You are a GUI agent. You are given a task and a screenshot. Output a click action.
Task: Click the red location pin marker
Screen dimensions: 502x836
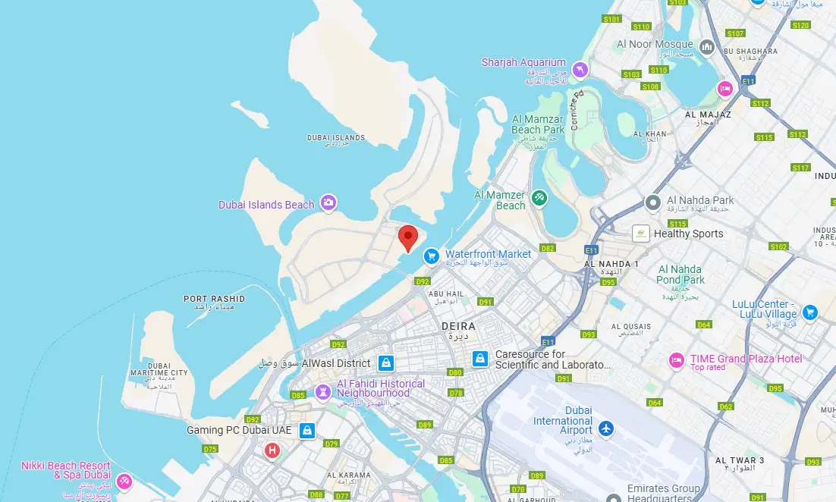(x=408, y=237)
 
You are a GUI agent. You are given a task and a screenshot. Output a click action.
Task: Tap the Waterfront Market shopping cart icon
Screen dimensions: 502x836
(x=431, y=256)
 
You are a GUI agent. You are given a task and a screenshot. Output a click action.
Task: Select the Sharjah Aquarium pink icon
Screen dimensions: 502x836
(x=580, y=70)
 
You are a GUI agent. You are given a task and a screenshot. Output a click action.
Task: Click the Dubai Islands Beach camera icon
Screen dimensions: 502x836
(x=328, y=202)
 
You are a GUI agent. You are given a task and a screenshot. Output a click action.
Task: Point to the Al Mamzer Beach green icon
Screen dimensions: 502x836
(x=539, y=198)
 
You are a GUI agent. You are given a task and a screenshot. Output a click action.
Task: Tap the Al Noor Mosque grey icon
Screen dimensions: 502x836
(x=707, y=48)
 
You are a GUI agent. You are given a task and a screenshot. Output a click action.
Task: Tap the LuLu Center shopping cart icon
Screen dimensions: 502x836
(x=809, y=312)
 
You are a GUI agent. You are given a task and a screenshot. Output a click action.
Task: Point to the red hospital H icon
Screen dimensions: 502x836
(x=272, y=451)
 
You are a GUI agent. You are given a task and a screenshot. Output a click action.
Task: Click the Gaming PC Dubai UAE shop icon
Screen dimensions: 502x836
(x=306, y=431)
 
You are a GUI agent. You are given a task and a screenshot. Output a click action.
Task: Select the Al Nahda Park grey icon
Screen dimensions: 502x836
(x=653, y=202)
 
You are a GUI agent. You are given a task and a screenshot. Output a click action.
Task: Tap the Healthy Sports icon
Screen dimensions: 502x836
(x=642, y=234)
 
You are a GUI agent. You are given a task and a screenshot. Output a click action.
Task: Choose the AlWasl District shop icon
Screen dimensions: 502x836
(x=386, y=363)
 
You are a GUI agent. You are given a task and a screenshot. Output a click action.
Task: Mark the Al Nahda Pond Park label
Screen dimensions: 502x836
(x=680, y=275)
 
